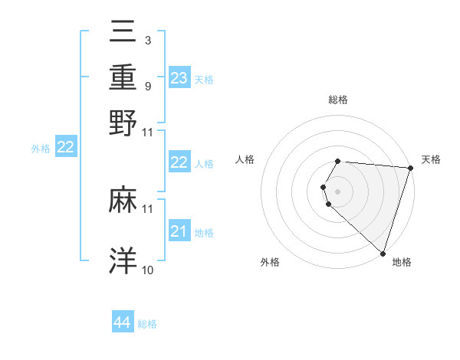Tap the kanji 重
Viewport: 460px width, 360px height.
[x=123, y=77]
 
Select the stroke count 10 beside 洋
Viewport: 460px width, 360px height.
[x=148, y=270]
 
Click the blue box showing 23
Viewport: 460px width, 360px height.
[x=179, y=77]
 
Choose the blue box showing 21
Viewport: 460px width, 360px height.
[x=179, y=231]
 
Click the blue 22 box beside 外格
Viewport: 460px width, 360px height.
[x=66, y=148]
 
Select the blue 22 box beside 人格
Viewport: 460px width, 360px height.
[x=179, y=162]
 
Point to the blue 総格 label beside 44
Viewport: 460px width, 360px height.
[x=147, y=324]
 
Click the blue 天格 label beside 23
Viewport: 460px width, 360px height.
[x=204, y=79]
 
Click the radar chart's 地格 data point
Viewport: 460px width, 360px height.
[x=383, y=253]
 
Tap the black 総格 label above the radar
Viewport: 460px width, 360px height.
[x=338, y=100]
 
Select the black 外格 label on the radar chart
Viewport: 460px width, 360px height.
[x=270, y=262]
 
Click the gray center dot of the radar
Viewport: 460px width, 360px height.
[x=338, y=191]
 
